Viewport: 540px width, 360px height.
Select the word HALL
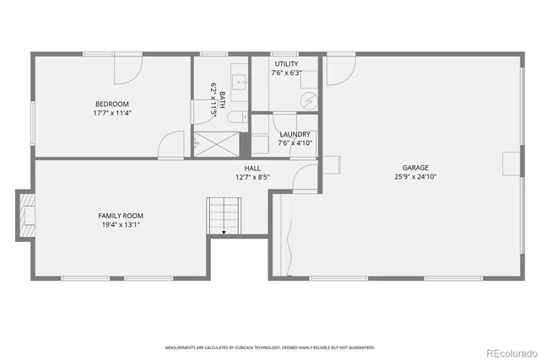253,169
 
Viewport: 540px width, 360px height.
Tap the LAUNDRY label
294,134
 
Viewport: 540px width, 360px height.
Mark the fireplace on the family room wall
27,214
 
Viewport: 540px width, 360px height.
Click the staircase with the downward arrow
224,216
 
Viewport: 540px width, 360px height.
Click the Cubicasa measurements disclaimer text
269,347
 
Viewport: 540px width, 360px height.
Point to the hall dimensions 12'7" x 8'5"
253,177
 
